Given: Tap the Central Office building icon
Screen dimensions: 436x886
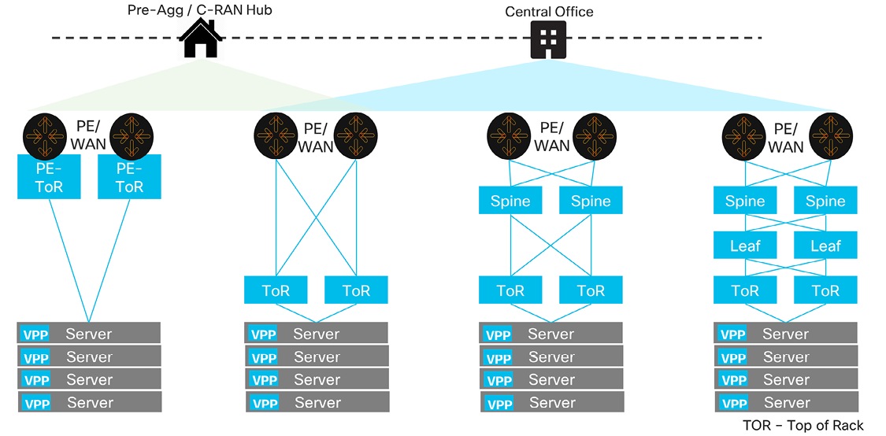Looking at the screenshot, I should pos(549,39).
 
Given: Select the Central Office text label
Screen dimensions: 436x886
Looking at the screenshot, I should pos(549,12).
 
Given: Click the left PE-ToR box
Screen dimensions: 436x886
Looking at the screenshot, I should pos(49,177).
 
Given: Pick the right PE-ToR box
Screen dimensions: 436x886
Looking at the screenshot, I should pos(129,177).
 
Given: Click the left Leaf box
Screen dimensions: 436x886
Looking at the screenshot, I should pos(745,246).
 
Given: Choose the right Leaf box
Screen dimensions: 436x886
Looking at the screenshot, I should pos(825,246).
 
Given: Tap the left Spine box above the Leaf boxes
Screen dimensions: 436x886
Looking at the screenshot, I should pos(745,201).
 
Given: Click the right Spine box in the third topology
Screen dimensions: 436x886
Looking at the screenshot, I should pos(591,201).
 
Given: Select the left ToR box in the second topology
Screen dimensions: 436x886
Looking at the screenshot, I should pos(276,290).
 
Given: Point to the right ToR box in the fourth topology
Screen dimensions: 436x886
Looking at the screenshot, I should pos(825,290).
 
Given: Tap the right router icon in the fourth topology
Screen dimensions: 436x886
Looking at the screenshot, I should pos(832,135).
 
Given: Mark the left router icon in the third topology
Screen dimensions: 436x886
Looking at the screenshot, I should pos(510,135).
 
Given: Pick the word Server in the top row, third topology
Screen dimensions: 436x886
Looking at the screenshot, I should pos(551,334).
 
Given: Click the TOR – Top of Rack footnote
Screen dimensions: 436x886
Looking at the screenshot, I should pos(803,426).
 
